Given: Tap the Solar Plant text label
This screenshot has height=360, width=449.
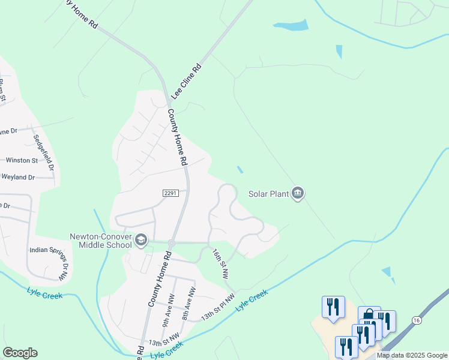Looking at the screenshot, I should [269, 194].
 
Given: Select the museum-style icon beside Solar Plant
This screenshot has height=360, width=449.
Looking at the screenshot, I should [298, 193].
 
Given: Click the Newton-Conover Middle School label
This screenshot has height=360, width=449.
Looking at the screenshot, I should [100, 240].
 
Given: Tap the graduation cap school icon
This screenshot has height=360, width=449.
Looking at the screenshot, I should [141, 241].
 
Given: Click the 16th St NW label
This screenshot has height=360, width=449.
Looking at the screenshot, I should [220, 265].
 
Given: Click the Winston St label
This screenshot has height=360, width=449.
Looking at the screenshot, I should [22, 160].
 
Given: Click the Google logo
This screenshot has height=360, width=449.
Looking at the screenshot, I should [20, 353].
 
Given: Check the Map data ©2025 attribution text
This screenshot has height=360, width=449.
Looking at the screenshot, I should [412, 355].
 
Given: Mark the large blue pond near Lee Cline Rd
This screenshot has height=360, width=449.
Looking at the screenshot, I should [291, 25].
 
